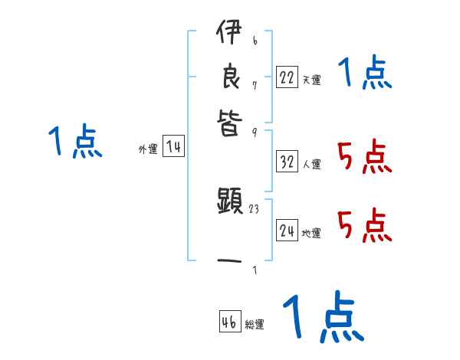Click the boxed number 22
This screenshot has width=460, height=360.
287,77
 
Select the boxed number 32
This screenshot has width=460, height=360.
287,162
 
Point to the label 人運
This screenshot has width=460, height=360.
311,164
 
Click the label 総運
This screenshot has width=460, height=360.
255,324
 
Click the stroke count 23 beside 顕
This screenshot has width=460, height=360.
255,208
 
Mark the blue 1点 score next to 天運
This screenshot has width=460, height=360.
365,74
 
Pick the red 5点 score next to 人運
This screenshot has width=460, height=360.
365,159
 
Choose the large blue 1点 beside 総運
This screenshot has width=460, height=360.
322,317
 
